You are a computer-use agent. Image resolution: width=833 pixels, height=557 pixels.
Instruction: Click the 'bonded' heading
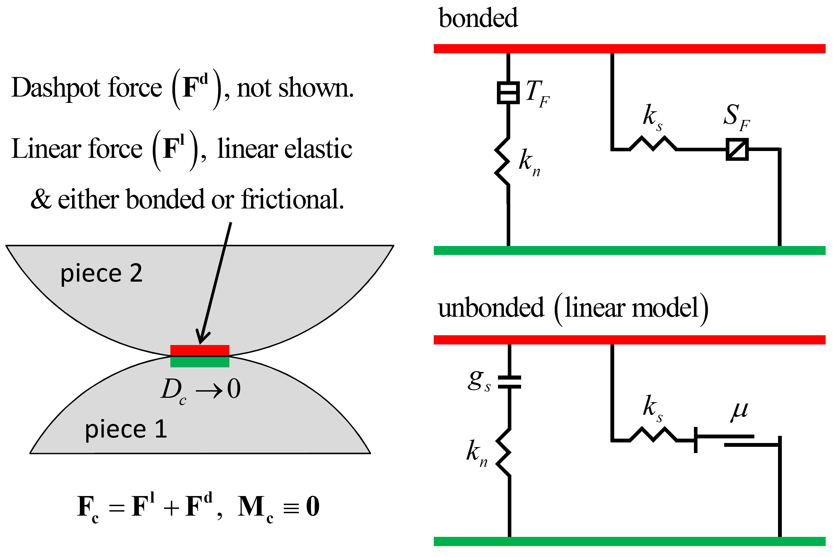478,19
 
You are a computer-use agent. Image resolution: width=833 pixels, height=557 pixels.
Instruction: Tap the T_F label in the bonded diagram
537,93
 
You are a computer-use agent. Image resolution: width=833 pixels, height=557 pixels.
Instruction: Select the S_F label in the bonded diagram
736,117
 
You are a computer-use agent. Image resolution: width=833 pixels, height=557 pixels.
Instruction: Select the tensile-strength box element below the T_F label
508,93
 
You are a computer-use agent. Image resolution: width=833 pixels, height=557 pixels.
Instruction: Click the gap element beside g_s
509,382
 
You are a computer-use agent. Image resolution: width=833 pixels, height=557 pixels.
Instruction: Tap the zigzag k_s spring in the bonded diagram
653,144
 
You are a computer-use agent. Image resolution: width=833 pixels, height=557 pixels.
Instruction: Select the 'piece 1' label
126,429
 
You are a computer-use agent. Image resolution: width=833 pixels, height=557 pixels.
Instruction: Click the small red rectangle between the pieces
200,350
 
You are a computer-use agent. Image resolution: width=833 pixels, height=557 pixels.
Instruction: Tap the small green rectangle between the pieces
200,362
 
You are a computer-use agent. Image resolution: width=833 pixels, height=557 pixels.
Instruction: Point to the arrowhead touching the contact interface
202,337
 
